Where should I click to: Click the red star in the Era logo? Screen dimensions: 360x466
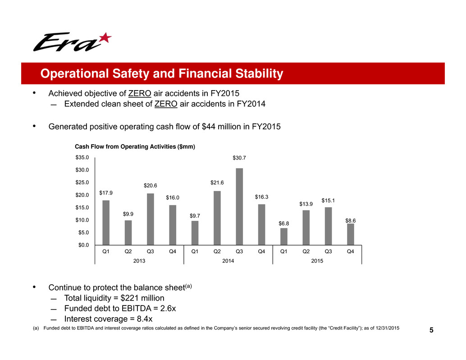point(105,38)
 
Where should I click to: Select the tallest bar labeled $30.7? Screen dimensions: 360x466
point(239,206)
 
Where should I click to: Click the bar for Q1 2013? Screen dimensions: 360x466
point(106,222)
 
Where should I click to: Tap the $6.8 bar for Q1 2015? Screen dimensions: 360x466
point(283,236)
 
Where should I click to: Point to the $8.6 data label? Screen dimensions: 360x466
point(351,220)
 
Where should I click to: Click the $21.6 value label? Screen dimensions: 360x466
point(217,182)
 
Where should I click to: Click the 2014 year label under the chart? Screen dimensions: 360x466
point(228,260)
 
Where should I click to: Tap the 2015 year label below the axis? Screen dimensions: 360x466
point(317,260)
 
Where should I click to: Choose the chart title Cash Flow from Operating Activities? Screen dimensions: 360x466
point(134,146)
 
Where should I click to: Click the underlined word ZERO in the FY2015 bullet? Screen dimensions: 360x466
point(140,93)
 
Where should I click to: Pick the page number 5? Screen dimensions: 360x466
point(431,331)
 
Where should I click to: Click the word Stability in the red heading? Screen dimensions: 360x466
point(255,73)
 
